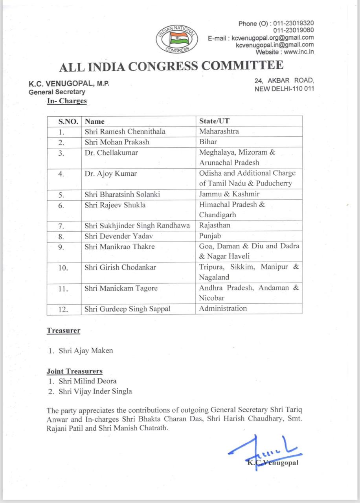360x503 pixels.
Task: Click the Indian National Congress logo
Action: coord(177,39)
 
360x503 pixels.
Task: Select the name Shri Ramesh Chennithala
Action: coord(125,131)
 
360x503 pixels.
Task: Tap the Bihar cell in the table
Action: coord(208,141)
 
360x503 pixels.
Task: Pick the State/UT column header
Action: coord(214,121)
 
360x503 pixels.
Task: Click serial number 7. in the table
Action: coord(61,226)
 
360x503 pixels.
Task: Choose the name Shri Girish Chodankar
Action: coord(121,267)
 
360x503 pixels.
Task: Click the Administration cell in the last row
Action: coord(223,308)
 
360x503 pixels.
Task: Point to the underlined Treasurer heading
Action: coord(64,330)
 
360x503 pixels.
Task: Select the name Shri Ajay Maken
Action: coord(86,351)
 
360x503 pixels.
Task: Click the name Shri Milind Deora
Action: coord(87,381)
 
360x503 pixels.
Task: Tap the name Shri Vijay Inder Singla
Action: coord(95,391)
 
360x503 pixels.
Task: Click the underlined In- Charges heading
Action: coord(67,101)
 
